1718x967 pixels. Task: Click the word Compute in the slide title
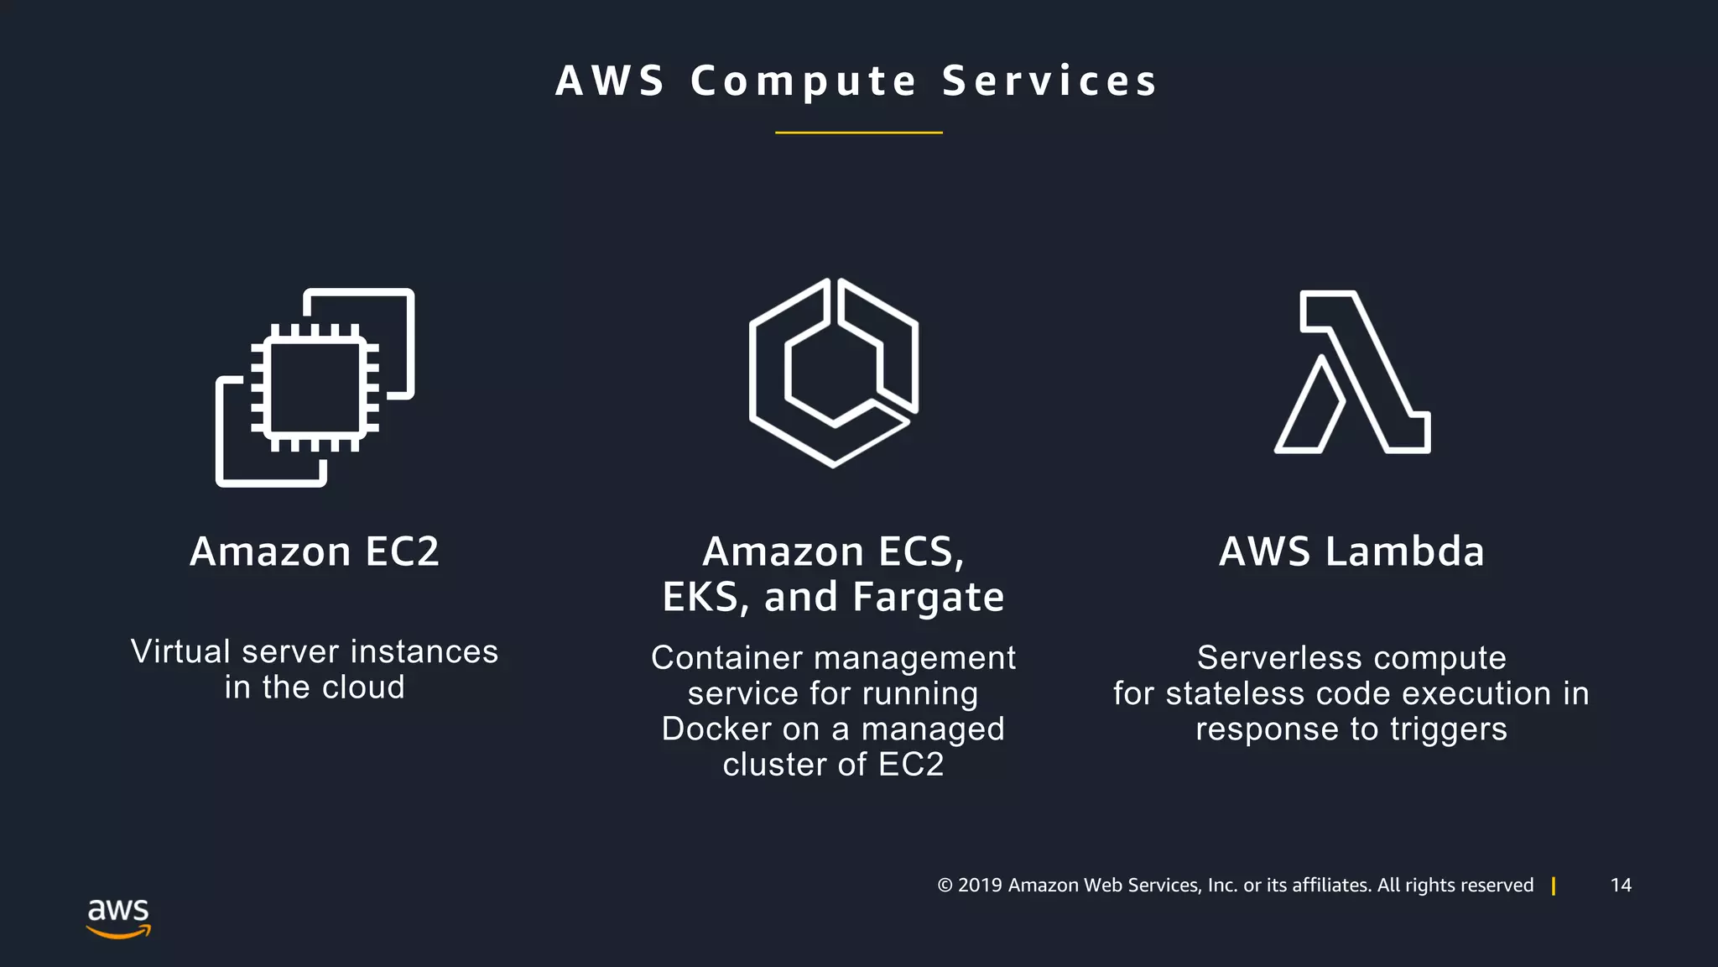coord(804,81)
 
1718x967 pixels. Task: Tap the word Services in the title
coord(1049,81)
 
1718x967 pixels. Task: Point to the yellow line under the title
coord(858,133)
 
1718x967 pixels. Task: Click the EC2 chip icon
coord(315,387)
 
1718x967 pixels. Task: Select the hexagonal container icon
coord(833,372)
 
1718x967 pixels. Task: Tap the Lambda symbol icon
coord(1352,372)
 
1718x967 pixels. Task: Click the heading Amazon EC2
coord(315,551)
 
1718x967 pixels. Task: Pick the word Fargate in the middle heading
coord(928,597)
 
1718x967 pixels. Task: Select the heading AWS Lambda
coord(1351,551)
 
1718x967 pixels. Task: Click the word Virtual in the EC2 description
coord(180,651)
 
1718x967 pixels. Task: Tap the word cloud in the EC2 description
coord(363,687)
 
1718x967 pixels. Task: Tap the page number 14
coord(1621,886)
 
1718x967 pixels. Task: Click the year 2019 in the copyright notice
coord(980,886)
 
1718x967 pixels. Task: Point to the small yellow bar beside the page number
coord(1554,886)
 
